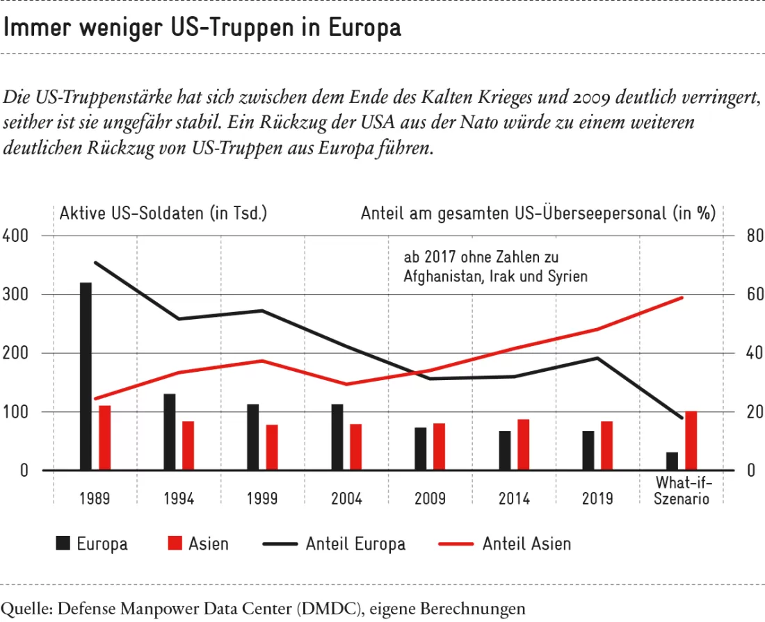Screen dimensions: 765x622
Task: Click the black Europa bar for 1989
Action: [86, 376]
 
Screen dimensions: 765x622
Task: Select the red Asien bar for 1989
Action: [105, 438]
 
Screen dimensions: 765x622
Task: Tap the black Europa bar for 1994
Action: [169, 432]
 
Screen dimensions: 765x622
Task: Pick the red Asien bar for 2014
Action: [524, 445]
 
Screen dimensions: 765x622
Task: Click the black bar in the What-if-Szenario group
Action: [673, 461]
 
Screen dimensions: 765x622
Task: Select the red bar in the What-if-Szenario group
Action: [691, 441]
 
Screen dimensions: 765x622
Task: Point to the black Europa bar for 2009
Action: [421, 449]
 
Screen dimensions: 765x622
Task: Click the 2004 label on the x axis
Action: [346, 498]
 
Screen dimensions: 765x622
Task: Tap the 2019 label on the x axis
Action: [597, 498]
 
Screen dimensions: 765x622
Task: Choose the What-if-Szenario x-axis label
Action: [682, 491]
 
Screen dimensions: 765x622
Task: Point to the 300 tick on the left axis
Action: [15, 295]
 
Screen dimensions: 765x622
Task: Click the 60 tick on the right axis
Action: [755, 295]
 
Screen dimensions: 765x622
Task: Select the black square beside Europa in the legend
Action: [63, 543]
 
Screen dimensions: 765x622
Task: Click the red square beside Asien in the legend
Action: [175, 543]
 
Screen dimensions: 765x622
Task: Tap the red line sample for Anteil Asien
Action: [456, 543]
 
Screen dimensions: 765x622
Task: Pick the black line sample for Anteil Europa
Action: [280, 543]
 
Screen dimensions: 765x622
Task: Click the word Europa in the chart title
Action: [364, 27]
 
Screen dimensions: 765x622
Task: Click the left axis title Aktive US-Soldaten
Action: [131, 213]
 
